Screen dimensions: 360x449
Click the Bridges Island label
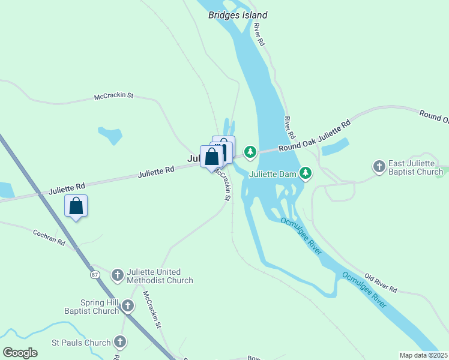(x=238, y=15)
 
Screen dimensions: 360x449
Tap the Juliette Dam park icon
(x=306, y=173)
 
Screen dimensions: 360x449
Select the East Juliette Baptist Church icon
(x=379, y=166)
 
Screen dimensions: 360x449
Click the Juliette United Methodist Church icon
(x=118, y=275)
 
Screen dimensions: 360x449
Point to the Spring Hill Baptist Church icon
(x=127, y=307)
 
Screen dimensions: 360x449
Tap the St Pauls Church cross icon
(x=120, y=343)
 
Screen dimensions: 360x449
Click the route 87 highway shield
(x=95, y=275)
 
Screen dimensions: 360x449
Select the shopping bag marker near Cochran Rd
(x=76, y=206)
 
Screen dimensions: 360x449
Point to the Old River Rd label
(x=381, y=284)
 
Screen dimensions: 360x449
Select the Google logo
(x=20, y=353)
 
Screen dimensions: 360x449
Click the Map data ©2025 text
(x=423, y=355)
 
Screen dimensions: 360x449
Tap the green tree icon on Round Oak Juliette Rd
(x=250, y=152)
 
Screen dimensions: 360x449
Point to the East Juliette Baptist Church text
(x=416, y=168)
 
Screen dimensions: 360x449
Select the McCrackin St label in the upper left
(x=113, y=96)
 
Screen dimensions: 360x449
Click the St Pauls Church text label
(x=81, y=343)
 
